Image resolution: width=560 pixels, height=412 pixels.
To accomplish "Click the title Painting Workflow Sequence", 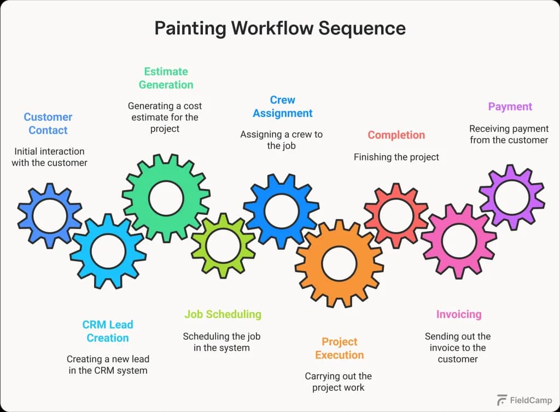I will coord(280,28).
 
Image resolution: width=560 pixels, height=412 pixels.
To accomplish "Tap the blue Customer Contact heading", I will coord(48,123).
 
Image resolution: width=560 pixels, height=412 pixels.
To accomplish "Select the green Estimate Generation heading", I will coord(166,78).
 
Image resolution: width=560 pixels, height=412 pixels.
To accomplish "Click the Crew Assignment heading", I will coord(283,107).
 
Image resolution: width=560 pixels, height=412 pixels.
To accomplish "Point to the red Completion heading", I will coord(396,135).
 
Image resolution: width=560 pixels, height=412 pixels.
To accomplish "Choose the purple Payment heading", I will coord(510,107).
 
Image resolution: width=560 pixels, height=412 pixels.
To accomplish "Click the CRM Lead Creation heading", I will coord(108,331).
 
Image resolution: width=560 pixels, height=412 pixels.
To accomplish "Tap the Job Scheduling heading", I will coord(223,314).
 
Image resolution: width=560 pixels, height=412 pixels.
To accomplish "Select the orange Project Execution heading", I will coord(339,348).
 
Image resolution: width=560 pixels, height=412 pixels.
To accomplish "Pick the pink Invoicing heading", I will coord(458,314).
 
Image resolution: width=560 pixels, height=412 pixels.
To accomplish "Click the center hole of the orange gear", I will coord(339,263).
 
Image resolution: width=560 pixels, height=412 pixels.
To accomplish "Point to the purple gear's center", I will coord(511,197).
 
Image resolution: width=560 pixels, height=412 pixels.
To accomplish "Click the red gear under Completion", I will coord(396,215).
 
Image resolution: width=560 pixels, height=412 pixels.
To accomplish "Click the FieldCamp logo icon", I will coord(501,400).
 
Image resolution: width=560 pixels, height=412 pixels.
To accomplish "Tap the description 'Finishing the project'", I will coord(396,157).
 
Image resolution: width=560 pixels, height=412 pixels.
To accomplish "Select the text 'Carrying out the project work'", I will coord(338,382).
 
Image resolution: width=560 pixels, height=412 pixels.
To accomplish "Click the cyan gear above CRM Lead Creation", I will coord(108,251).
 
